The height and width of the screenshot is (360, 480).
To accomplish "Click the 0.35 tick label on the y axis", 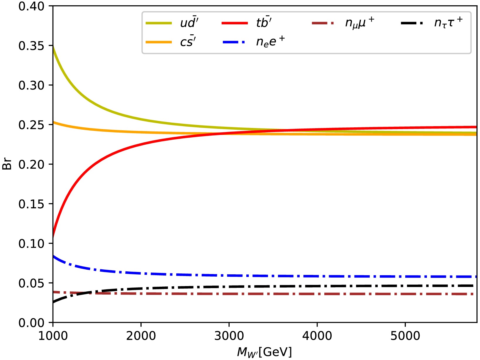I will [x=31, y=46].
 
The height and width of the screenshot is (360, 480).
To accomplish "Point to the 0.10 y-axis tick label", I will [x=31, y=244].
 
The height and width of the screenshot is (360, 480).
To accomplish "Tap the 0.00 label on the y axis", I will [x=31, y=323].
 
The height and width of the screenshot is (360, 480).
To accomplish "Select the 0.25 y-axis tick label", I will [x=31, y=125].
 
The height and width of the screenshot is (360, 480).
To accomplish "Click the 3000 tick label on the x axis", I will [x=229, y=336].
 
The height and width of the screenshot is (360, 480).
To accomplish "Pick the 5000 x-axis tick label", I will [x=405, y=336].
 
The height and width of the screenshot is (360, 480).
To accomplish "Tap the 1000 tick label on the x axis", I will [x=53, y=336].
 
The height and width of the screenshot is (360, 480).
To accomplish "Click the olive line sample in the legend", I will [x=159, y=23].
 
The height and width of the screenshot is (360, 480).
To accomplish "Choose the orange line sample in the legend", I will [x=159, y=42].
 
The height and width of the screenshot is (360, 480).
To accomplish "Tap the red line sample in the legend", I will [x=235, y=23].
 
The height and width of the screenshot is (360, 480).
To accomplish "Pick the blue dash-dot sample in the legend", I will [x=235, y=42].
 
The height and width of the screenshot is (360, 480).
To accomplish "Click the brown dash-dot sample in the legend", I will [x=323, y=23].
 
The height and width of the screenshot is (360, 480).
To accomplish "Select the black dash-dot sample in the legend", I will [x=412, y=23].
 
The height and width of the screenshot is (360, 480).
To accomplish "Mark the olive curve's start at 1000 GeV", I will [x=53, y=46].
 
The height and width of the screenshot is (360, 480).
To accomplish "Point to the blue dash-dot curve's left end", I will [x=53, y=256].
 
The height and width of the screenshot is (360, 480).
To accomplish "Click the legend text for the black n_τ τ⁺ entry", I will [x=448, y=22].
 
